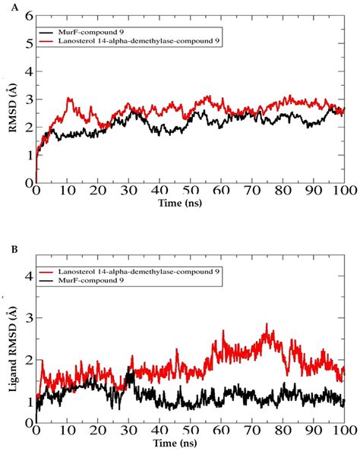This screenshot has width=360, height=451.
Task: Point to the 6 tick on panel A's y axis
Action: click(27, 15)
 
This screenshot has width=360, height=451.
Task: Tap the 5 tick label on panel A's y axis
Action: click(27, 43)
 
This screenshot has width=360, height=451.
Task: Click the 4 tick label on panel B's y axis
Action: click(27, 276)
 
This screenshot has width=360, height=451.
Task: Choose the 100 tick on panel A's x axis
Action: click(343, 194)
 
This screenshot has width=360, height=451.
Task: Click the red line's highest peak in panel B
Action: click(267, 324)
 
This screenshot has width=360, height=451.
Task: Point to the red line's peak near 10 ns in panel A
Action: click(69, 98)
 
